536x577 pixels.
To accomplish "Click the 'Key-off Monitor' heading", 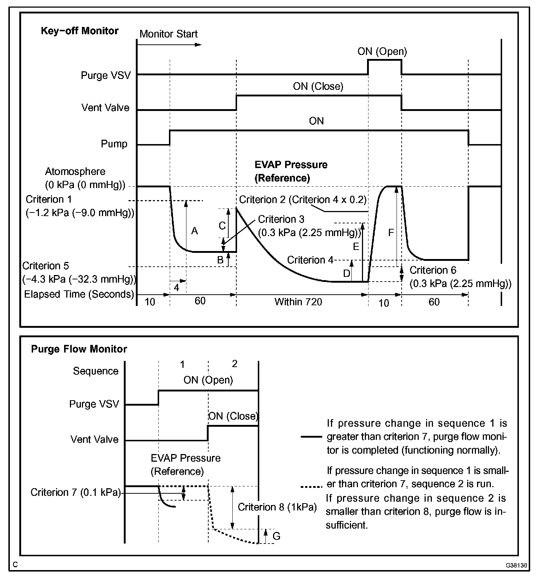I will (x=79, y=31).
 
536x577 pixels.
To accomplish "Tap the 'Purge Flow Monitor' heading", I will (x=79, y=349).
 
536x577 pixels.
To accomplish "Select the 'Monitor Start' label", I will (x=168, y=34).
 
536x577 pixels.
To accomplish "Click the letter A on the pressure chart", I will (x=194, y=231).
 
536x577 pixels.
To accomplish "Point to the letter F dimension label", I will (x=391, y=233).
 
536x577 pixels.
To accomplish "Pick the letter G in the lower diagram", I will (x=276, y=536).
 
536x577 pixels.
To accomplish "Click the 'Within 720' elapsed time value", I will (x=298, y=302).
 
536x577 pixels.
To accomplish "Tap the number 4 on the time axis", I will (x=177, y=288).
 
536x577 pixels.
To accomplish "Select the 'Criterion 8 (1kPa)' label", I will (x=277, y=507).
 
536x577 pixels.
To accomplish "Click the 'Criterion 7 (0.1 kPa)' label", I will (x=75, y=492).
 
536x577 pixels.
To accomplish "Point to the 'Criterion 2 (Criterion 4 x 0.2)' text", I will (x=303, y=200).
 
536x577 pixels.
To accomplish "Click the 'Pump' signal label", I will (x=114, y=144).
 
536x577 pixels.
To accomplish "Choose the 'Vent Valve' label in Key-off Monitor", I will (x=105, y=108).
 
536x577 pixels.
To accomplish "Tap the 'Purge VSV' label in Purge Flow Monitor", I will (x=94, y=404).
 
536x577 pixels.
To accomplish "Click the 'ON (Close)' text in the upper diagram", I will (x=318, y=87).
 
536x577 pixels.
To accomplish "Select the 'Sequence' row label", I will (x=96, y=371).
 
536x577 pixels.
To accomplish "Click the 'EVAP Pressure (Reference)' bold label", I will (x=291, y=171).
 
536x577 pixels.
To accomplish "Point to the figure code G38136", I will (x=516, y=566).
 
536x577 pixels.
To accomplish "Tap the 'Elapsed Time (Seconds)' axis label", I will (x=79, y=294).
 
